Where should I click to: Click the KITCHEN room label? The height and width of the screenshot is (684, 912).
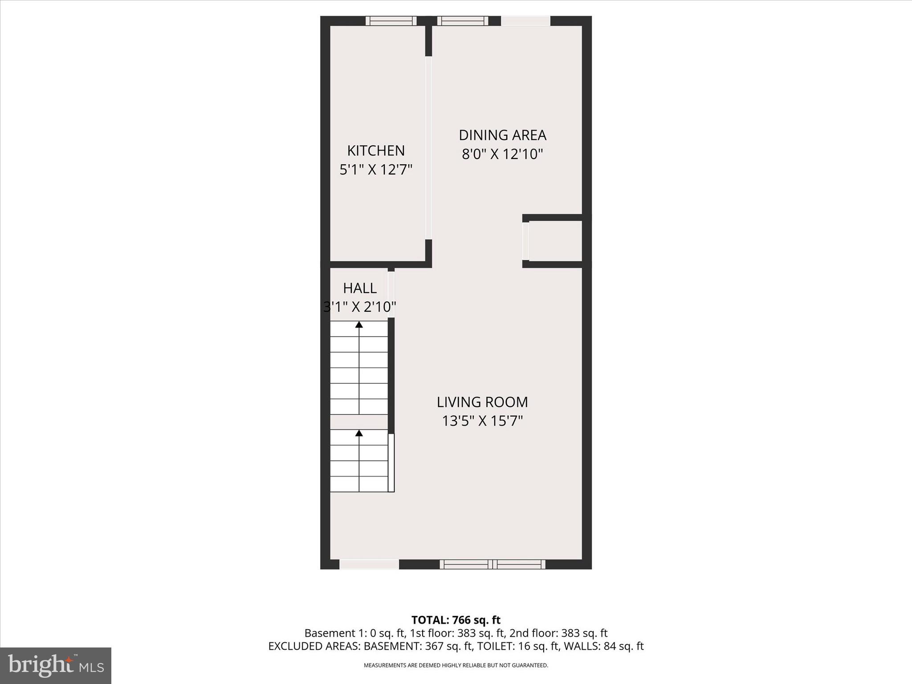tap(376, 151)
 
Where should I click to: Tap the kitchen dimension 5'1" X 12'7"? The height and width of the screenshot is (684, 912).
tap(376, 170)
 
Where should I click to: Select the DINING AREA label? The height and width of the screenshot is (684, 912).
tap(502, 135)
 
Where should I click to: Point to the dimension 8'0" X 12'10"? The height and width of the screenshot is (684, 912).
tap(502, 154)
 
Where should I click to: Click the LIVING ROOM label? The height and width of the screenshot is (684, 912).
tap(482, 402)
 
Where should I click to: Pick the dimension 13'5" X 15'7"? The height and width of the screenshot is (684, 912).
tap(482, 421)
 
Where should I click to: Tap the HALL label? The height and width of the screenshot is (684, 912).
tap(360, 288)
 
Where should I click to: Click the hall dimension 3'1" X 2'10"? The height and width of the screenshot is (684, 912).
tap(360, 307)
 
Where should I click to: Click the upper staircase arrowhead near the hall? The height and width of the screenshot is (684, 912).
tap(359, 325)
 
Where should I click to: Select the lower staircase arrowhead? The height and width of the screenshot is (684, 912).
tap(359, 433)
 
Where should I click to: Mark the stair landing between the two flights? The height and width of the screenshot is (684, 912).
tap(359, 422)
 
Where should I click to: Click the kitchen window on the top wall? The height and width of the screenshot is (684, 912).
tap(391, 21)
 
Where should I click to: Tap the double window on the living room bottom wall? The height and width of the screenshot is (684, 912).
tap(493, 564)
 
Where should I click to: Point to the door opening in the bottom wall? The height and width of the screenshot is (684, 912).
tap(369, 564)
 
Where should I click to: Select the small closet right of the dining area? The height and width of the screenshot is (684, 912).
tap(555, 241)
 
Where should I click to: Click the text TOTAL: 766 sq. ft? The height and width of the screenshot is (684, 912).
tap(456, 620)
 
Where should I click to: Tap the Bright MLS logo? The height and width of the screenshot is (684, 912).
tap(56, 665)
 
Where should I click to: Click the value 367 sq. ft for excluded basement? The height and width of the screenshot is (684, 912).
tap(447, 646)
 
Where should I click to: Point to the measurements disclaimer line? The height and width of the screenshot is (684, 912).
tap(456, 665)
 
